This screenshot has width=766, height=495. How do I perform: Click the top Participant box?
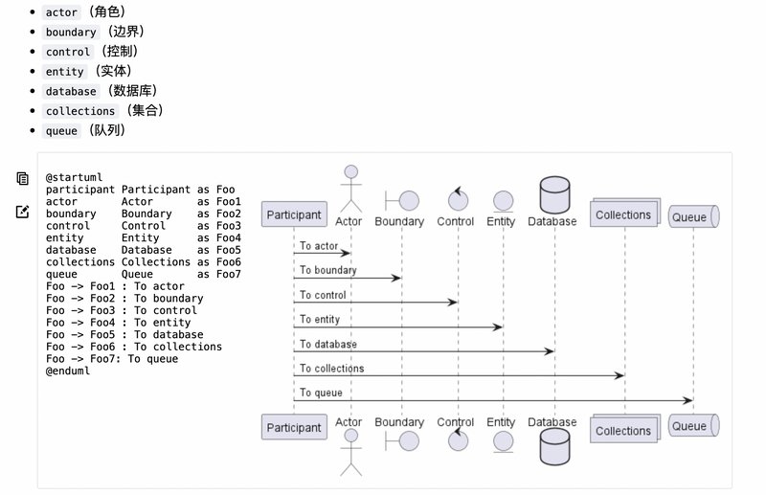pos(293,214)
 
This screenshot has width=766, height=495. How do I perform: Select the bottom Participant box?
pos(293,427)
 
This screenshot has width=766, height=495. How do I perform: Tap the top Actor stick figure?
pos(349,189)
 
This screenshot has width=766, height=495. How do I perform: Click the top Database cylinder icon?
pos(553,194)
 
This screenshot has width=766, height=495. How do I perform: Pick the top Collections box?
pos(624,214)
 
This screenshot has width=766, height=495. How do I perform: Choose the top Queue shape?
pos(692,216)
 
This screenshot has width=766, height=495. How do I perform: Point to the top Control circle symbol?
pos(456,198)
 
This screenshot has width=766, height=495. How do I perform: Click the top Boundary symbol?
pos(401,200)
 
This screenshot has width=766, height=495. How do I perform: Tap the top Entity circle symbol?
pos(502,201)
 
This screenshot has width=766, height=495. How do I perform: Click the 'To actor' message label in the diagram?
pos(319,246)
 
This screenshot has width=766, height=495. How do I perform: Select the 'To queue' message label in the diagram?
pos(320,393)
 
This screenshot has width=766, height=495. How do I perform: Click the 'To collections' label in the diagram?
pos(331,368)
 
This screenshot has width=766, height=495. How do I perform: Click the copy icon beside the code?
pos(22,178)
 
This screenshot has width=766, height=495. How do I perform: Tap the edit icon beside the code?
pos(22,211)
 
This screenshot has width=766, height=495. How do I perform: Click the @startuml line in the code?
pos(75,177)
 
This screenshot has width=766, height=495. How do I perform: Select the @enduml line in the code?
pos(68,371)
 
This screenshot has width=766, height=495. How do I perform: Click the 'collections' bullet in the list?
pos(80,111)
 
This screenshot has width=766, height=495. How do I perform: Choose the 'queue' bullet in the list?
pos(61,131)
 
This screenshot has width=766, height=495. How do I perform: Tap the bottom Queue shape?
pos(692,426)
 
